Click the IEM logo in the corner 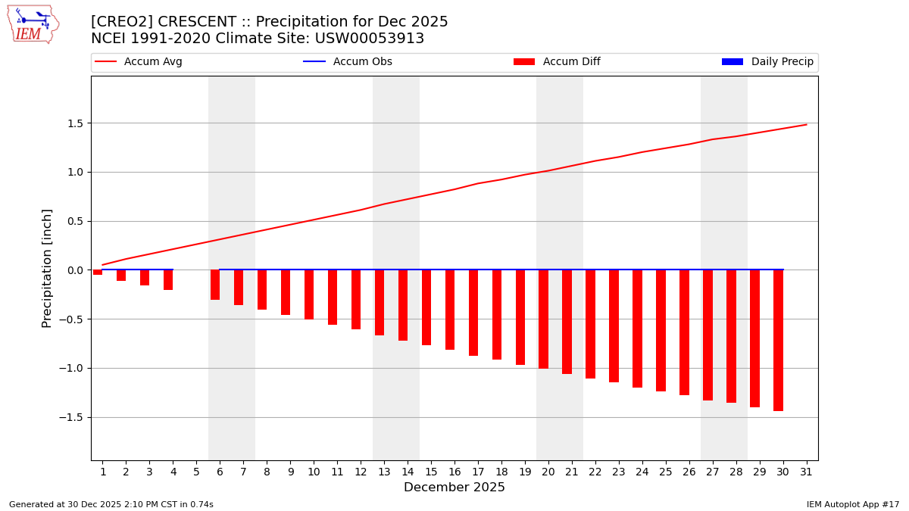coord(33,24)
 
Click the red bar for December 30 coord(778,340)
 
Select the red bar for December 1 coord(98,273)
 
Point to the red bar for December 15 coord(426,307)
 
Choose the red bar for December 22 coord(591,324)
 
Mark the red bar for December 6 coord(215,285)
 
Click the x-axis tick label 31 coord(806,472)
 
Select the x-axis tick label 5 coord(196,472)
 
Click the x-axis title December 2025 coord(454,488)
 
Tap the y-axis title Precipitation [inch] coord(47,268)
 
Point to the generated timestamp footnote coord(111,504)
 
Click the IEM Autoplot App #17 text coord(852,504)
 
